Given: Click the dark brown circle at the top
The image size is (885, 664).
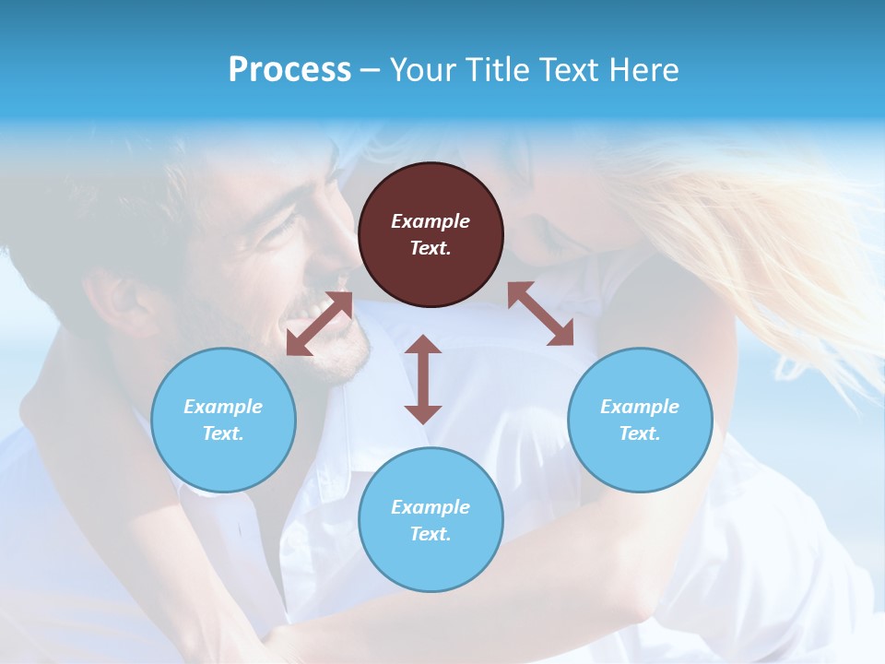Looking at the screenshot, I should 431,235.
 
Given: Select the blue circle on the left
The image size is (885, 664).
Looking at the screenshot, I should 223,420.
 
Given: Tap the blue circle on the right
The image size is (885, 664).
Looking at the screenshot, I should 640,420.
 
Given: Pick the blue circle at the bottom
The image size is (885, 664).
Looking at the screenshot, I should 431,520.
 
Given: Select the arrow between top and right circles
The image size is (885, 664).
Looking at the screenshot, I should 541,314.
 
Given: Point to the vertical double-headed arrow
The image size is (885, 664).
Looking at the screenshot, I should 423,379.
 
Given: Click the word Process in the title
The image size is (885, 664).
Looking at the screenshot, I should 289,69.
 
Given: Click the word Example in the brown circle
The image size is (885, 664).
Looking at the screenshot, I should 431,221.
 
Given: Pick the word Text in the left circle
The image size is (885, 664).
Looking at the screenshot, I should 222,433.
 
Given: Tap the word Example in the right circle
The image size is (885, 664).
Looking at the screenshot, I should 640,407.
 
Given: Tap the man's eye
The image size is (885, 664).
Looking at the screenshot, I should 281,227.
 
